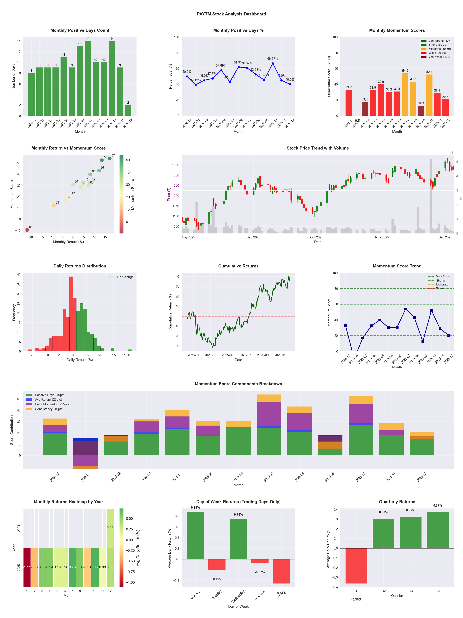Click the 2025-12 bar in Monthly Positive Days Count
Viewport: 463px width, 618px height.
tap(128, 110)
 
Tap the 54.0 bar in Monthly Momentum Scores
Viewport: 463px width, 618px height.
tap(405, 94)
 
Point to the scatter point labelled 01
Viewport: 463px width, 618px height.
tap(27, 230)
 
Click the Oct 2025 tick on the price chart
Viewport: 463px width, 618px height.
tap(317, 237)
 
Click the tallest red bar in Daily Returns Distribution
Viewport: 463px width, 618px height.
tap(71, 314)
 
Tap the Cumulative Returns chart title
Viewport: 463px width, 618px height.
tap(238, 266)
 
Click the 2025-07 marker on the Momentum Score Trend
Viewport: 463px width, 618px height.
tap(406, 309)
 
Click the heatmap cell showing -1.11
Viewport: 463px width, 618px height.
tap(27, 567)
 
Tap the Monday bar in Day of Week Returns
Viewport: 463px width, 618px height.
tap(195, 536)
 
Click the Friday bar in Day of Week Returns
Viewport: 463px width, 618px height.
tap(281, 571)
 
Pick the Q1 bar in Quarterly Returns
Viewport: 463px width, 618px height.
tap(356, 566)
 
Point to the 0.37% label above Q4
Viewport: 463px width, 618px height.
tap(438, 505)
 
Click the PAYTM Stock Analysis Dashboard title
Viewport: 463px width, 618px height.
tap(231, 14)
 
